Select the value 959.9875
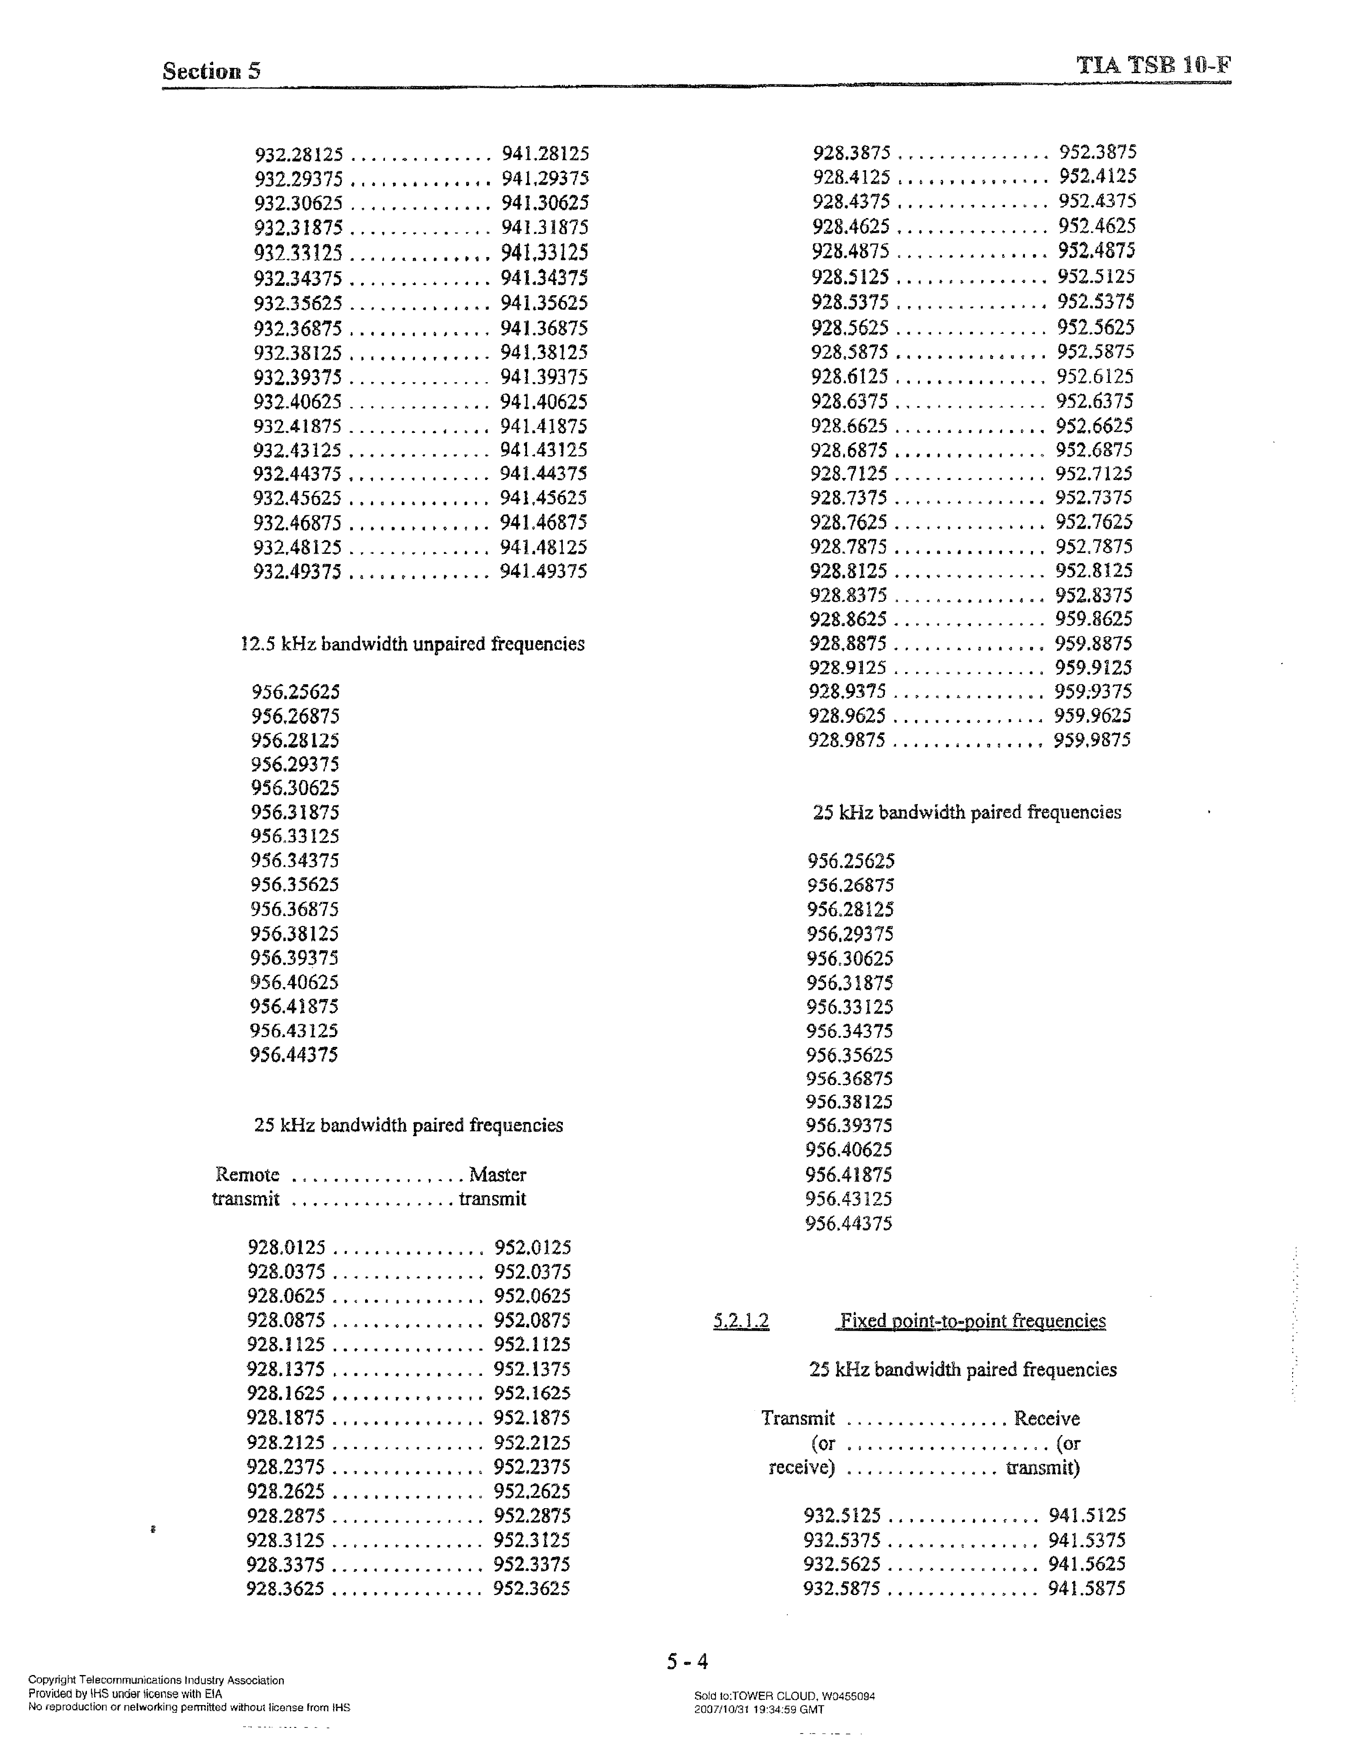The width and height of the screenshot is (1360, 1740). point(1092,740)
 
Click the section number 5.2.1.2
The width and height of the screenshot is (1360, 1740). point(741,1322)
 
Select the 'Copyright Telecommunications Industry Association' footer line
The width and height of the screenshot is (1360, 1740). point(156,1680)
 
